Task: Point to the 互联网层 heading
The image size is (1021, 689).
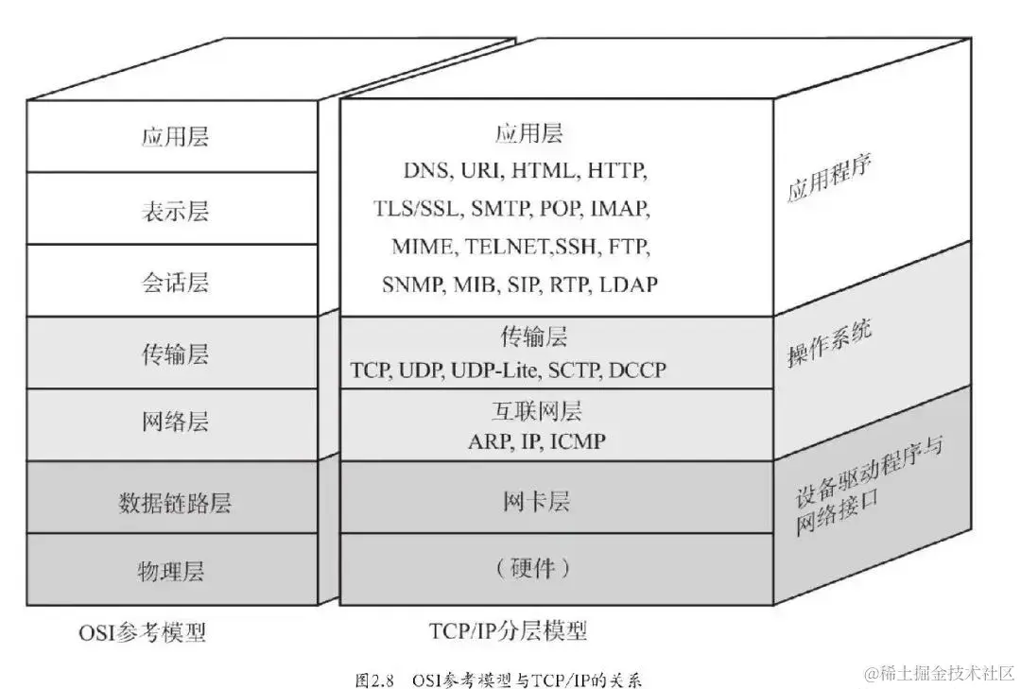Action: pos(536,411)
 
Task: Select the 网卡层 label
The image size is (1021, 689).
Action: pos(536,501)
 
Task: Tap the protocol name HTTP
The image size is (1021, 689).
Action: pos(616,171)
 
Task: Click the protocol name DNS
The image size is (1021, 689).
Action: pos(428,171)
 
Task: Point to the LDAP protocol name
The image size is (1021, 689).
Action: pos(629,284)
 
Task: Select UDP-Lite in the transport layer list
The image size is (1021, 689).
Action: pos(493,370)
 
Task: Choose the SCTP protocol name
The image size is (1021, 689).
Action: pos(574,370)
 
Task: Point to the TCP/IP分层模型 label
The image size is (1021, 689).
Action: pos(508,630)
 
